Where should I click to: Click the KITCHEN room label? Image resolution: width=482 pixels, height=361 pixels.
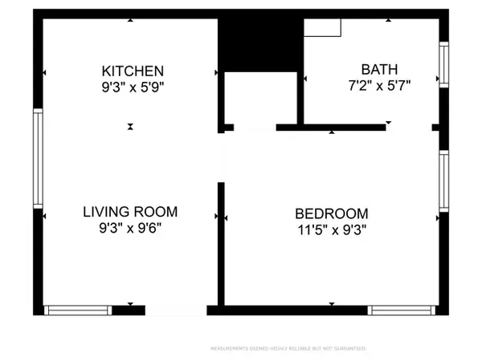click(x=133, y=71)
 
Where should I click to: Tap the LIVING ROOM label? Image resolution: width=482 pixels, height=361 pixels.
click(x=130, y=212)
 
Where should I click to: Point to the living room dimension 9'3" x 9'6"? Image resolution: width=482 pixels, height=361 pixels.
click(x=130, y=228)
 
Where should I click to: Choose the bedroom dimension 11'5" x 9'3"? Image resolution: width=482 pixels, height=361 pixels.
click(x=332, y=229)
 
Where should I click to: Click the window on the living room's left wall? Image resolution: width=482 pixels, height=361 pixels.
click(x=36, y=158)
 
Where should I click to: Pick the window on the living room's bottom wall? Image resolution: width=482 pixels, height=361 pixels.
click(x=77, y=310)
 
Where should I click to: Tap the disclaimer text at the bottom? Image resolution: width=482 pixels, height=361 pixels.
click(x=288, y=349)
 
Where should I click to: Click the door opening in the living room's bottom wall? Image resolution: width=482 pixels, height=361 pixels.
click(x=176, y=310)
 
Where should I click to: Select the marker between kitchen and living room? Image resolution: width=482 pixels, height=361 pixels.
click(x=130, y=127)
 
